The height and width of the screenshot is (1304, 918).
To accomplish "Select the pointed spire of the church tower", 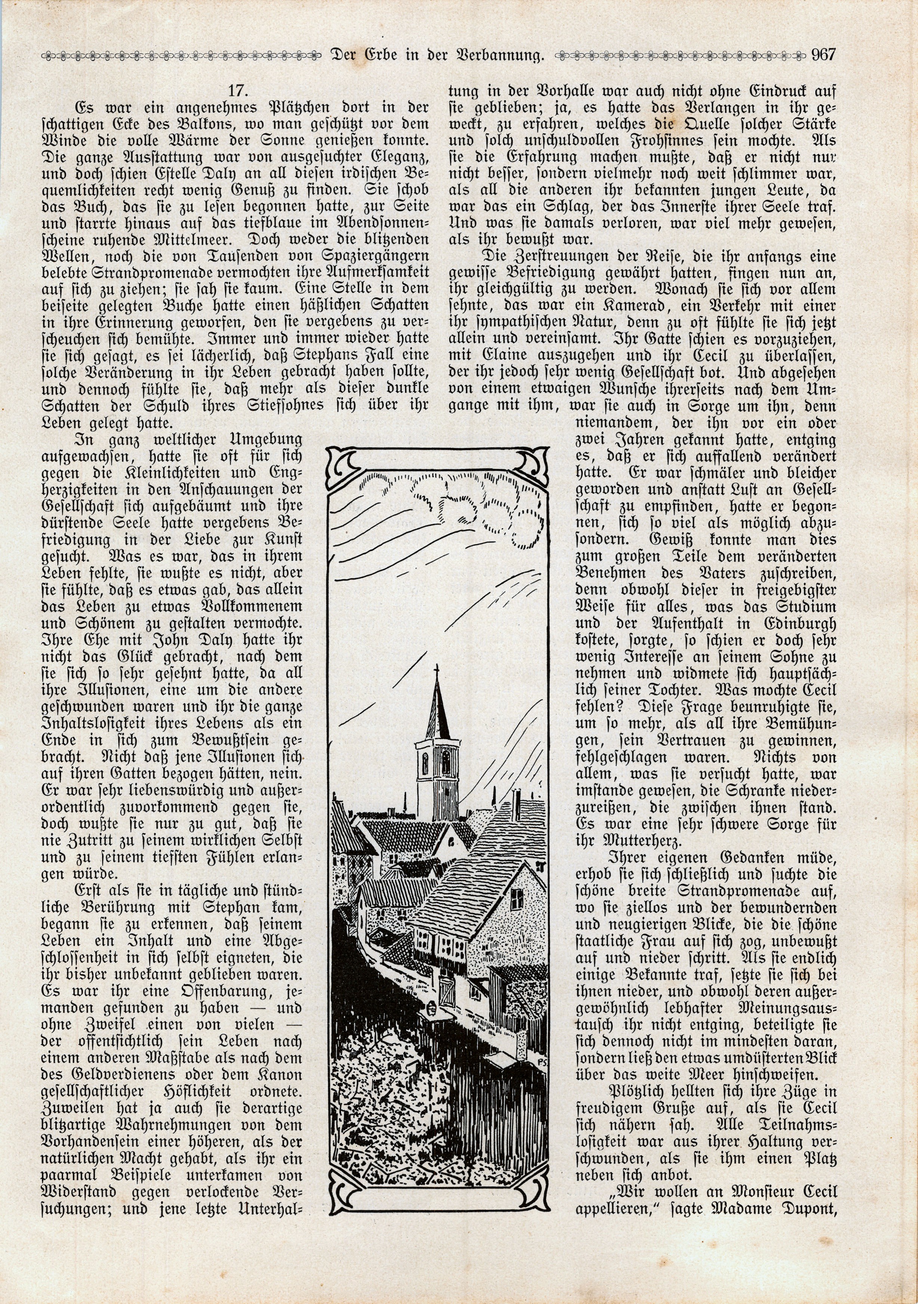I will click(x=436, y=710).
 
